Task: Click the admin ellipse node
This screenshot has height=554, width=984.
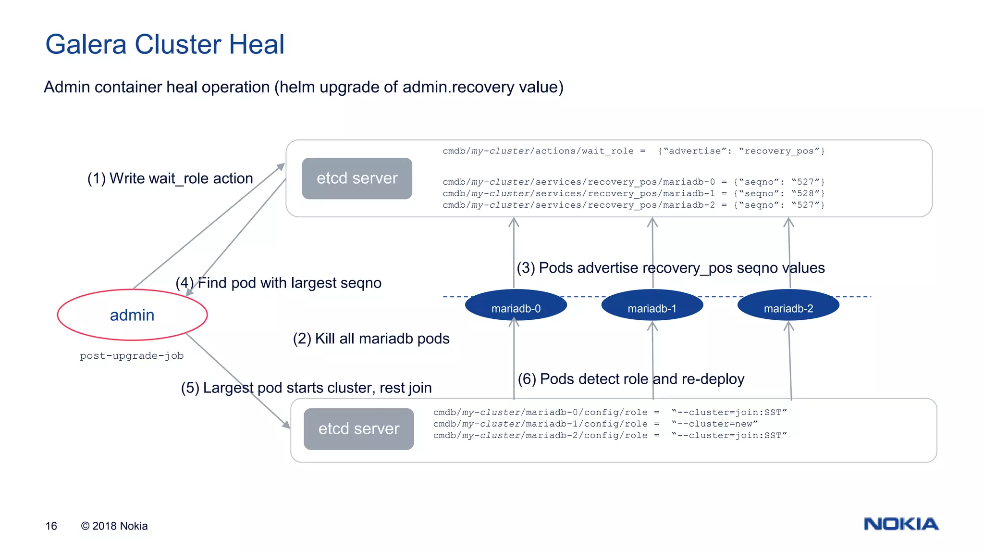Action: (x=132, y=315)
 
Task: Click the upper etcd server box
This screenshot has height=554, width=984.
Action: (x=357, y=178)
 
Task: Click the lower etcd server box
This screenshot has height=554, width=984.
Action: (x=358, y=428)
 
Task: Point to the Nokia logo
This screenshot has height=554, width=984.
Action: (x=901, y=524)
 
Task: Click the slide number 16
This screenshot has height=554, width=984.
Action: (x=51, y=526)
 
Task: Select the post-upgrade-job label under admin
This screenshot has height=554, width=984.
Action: (x=132, y=356)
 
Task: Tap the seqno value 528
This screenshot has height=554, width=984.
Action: (x=805, y=193)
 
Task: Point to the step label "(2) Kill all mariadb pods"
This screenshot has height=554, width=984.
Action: (x=371, y=339)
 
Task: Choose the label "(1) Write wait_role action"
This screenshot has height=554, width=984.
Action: (x=170, y=178)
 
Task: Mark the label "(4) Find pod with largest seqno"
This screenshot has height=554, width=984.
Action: (x=279, y=283)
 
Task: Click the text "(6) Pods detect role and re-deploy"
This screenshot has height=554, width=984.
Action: (x=631, y=379)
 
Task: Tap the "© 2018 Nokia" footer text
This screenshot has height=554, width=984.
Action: (x=114, y=526)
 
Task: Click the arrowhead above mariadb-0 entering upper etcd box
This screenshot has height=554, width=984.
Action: (x=514, y=222)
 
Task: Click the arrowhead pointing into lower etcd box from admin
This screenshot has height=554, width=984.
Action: (x=286, y=425)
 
